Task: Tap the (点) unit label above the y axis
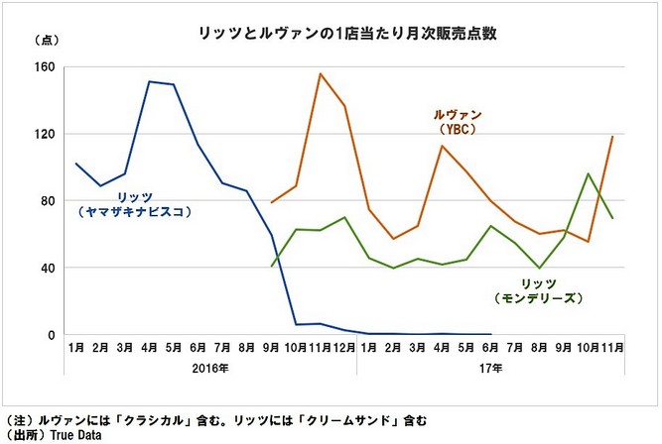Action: (48, 41)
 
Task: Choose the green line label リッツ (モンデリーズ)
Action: (537, 289)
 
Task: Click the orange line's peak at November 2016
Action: (320, 73)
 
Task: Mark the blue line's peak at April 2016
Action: (149, 81)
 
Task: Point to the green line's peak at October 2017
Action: (589, 173)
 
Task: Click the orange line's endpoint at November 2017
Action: (613, 137)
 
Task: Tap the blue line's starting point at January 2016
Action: (76, 164)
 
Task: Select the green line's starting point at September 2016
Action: (272, 267)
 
